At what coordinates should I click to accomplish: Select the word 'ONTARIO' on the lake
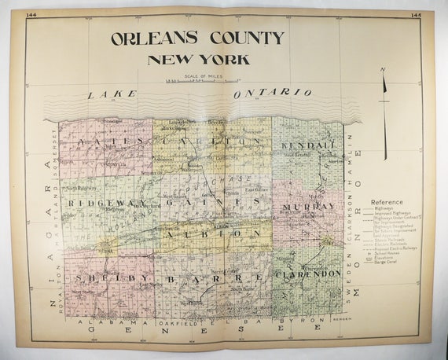[266, 93]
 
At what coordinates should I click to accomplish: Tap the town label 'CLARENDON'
[308, 274]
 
